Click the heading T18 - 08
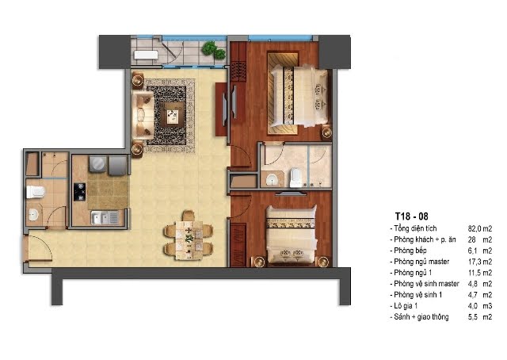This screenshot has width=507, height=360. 411,216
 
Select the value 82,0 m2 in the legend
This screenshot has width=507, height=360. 480,228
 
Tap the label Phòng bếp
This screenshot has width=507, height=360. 410,251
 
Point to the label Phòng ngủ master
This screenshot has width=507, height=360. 421,262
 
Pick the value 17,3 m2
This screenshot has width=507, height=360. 480,262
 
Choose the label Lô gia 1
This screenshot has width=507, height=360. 406,305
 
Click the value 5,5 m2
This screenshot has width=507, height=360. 480,317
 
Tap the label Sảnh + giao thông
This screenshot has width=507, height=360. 421,316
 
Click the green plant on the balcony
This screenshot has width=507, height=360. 213,50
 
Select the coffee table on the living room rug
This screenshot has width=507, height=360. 173,116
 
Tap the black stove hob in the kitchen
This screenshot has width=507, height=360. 79,192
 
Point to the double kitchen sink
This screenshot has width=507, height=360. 104,217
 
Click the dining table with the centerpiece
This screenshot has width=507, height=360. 189,240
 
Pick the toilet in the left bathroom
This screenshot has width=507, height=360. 35,192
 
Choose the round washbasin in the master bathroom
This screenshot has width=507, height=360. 272,178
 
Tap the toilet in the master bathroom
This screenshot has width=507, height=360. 295,178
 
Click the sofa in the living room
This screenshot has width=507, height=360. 143,116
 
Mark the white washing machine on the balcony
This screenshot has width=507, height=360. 146,55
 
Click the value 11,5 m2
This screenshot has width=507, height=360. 480,273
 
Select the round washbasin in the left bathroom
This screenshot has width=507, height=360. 33,214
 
